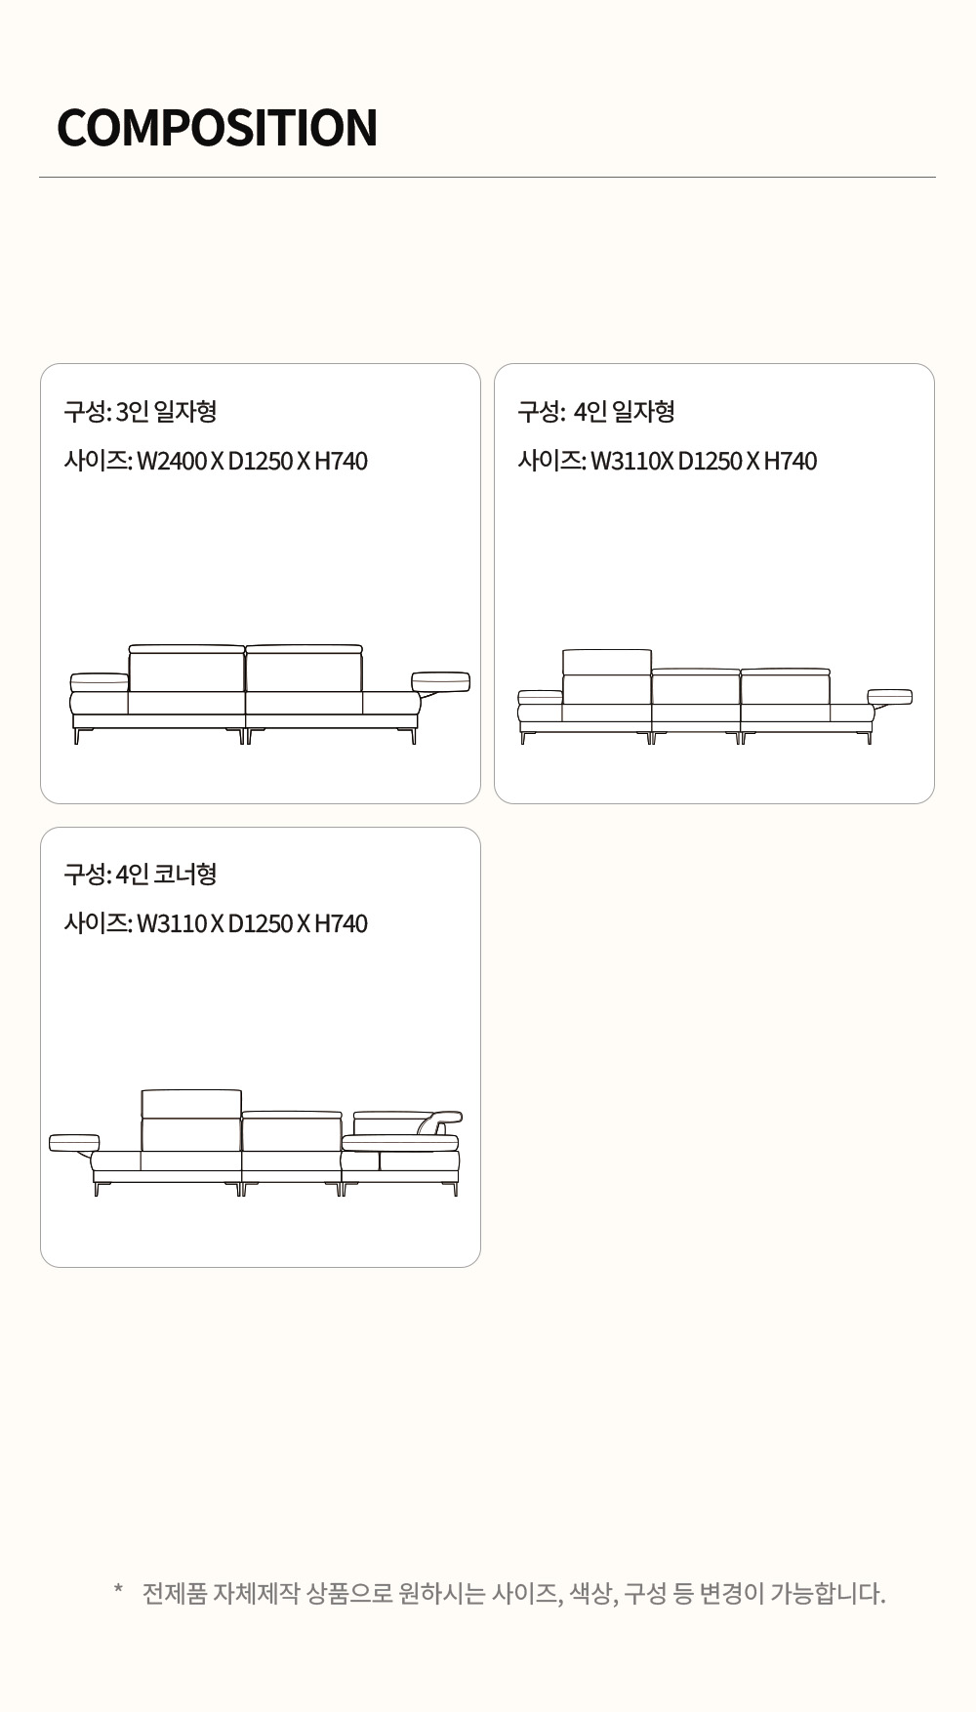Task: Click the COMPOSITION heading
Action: (217, 128)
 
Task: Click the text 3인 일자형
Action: (166, 411)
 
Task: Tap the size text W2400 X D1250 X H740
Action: (252, 461)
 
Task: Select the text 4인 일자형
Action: (624, 411)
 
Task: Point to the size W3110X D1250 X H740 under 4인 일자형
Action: (704, 461)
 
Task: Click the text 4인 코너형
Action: (166, 874)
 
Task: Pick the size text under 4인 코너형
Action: (252, 923)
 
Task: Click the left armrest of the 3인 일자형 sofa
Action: (99, 682)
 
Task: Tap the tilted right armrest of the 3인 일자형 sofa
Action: (440, 682)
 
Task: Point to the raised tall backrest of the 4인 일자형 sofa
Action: (607, 676)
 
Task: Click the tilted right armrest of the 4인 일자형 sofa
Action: (889, 697)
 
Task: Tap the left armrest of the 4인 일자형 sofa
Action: (540, 697)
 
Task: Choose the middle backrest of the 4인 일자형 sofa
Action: (696, 686)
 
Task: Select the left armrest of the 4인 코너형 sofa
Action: (74, 1143)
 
